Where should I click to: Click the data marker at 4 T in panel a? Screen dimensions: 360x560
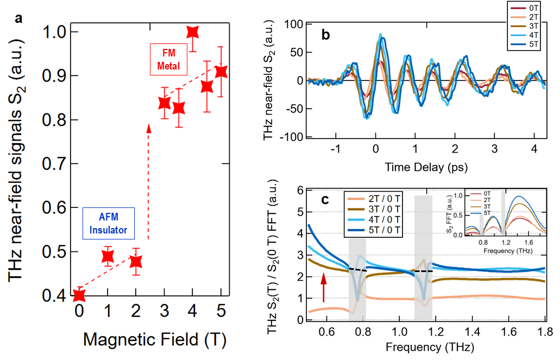point(192,32)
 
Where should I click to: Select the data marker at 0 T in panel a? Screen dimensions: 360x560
point(79,295)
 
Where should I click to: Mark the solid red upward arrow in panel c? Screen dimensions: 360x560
point(323,287)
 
